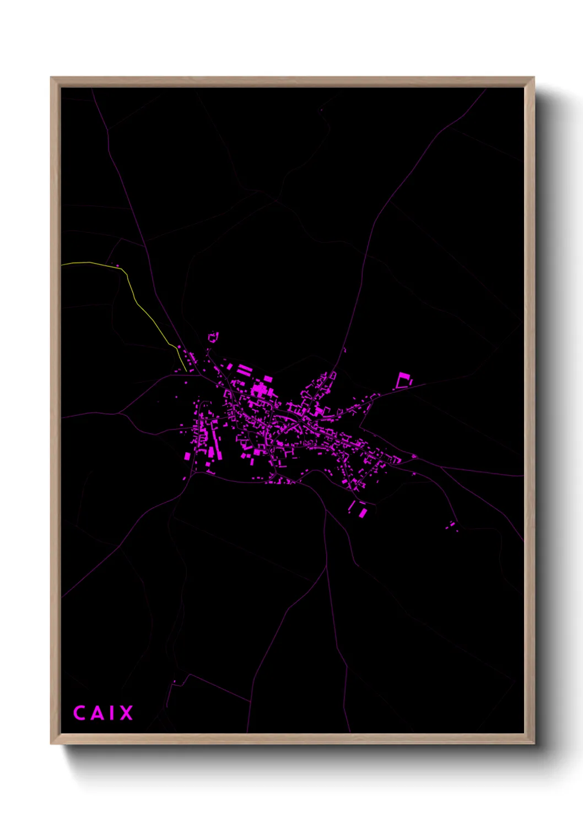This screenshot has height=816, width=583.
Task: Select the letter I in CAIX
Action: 111,713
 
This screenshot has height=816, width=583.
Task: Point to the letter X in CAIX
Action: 126,713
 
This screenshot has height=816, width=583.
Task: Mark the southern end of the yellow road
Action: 181,367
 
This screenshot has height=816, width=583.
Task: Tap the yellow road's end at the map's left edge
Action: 62,265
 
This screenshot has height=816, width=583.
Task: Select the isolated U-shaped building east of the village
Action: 404,380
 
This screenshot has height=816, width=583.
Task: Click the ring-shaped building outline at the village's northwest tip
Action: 213,336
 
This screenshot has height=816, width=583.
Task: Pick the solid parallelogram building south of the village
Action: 363,513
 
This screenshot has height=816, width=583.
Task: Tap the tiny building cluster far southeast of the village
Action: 452,525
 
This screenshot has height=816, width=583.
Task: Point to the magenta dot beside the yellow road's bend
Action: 117,266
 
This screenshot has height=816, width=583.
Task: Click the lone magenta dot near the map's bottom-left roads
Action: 175,682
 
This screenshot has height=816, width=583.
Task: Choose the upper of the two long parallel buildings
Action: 244,366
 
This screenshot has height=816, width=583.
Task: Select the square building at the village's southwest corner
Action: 187,456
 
